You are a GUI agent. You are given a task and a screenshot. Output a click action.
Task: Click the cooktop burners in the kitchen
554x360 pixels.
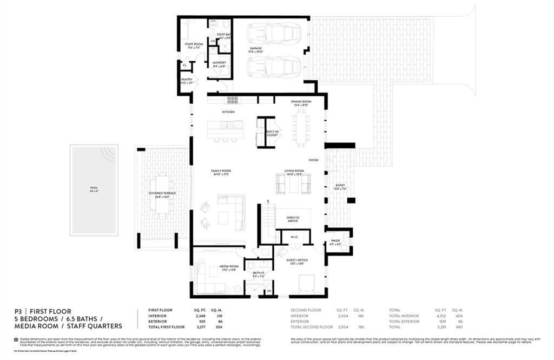[232, 100]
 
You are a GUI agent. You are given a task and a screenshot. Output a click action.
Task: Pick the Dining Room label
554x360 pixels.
[301, 103]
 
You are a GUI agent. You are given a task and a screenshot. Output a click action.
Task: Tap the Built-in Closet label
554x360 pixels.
[272, 133]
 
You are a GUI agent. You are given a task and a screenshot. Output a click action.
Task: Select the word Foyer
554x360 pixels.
[313, 160]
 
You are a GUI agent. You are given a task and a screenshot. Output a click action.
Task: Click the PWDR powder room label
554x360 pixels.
[335, 243]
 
